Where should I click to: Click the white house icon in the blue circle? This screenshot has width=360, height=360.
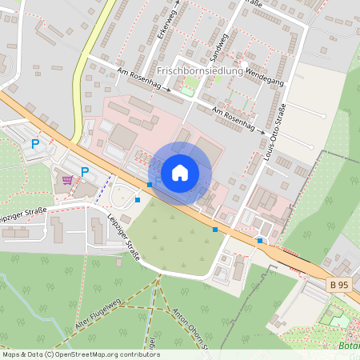[x=180, y=172]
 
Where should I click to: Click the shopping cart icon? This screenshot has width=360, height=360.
[x=67, y=179]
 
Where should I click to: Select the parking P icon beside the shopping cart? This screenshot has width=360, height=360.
[x=85, y=171]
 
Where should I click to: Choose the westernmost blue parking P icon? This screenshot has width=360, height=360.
[x=34, y=143]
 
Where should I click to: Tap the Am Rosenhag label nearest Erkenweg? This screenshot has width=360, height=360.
[x=143, y=82]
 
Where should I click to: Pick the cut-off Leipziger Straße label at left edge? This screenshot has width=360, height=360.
[x=24, y=214]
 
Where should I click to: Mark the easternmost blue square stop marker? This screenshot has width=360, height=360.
[x=259, y=240]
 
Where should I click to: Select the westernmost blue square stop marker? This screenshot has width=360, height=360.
[x=138, y=199]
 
